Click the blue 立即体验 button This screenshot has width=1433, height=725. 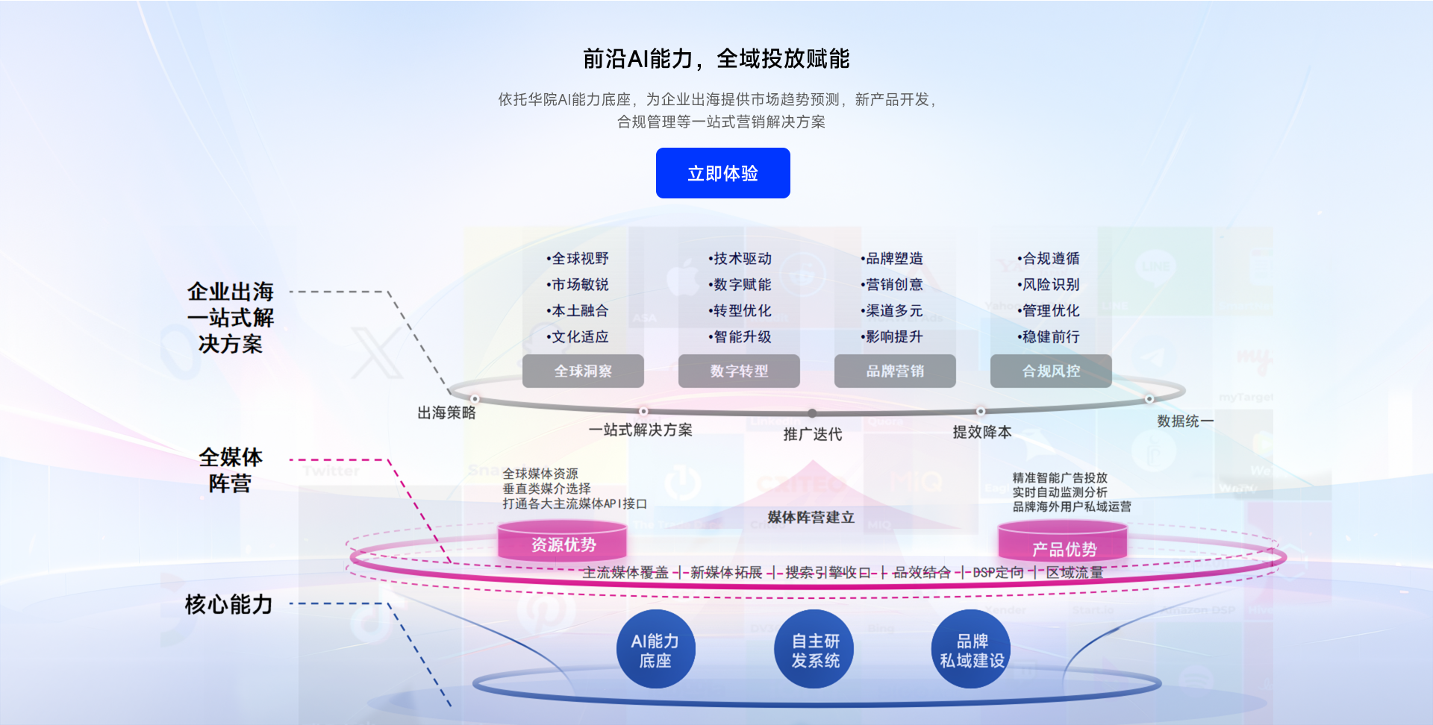point(722,173)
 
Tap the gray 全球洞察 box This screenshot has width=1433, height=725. point(583,371)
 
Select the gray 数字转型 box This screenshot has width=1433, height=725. point(739,371)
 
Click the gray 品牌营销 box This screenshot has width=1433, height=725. point(895,371)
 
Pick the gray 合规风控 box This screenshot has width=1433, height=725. point(1051,371)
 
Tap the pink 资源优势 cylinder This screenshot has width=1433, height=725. point(563,544)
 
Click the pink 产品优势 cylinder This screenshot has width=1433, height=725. point(1064,547)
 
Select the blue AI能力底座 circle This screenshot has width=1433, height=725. point(655,650)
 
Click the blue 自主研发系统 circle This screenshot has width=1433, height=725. point(815,650)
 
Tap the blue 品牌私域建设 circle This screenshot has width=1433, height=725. point(972,650)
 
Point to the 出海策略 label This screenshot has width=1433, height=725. point(446,412)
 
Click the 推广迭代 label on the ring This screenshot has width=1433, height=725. point(812,434)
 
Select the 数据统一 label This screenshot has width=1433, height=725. point(1184,421)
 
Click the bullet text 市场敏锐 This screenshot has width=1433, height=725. point(579,284)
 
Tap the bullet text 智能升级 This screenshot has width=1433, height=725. point(741,336)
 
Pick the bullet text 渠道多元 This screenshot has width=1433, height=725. point(893,310)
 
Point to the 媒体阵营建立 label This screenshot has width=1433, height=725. point(811,517)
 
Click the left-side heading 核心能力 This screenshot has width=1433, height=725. point(228,604)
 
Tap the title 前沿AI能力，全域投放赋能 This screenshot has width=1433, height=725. point(716,58)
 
